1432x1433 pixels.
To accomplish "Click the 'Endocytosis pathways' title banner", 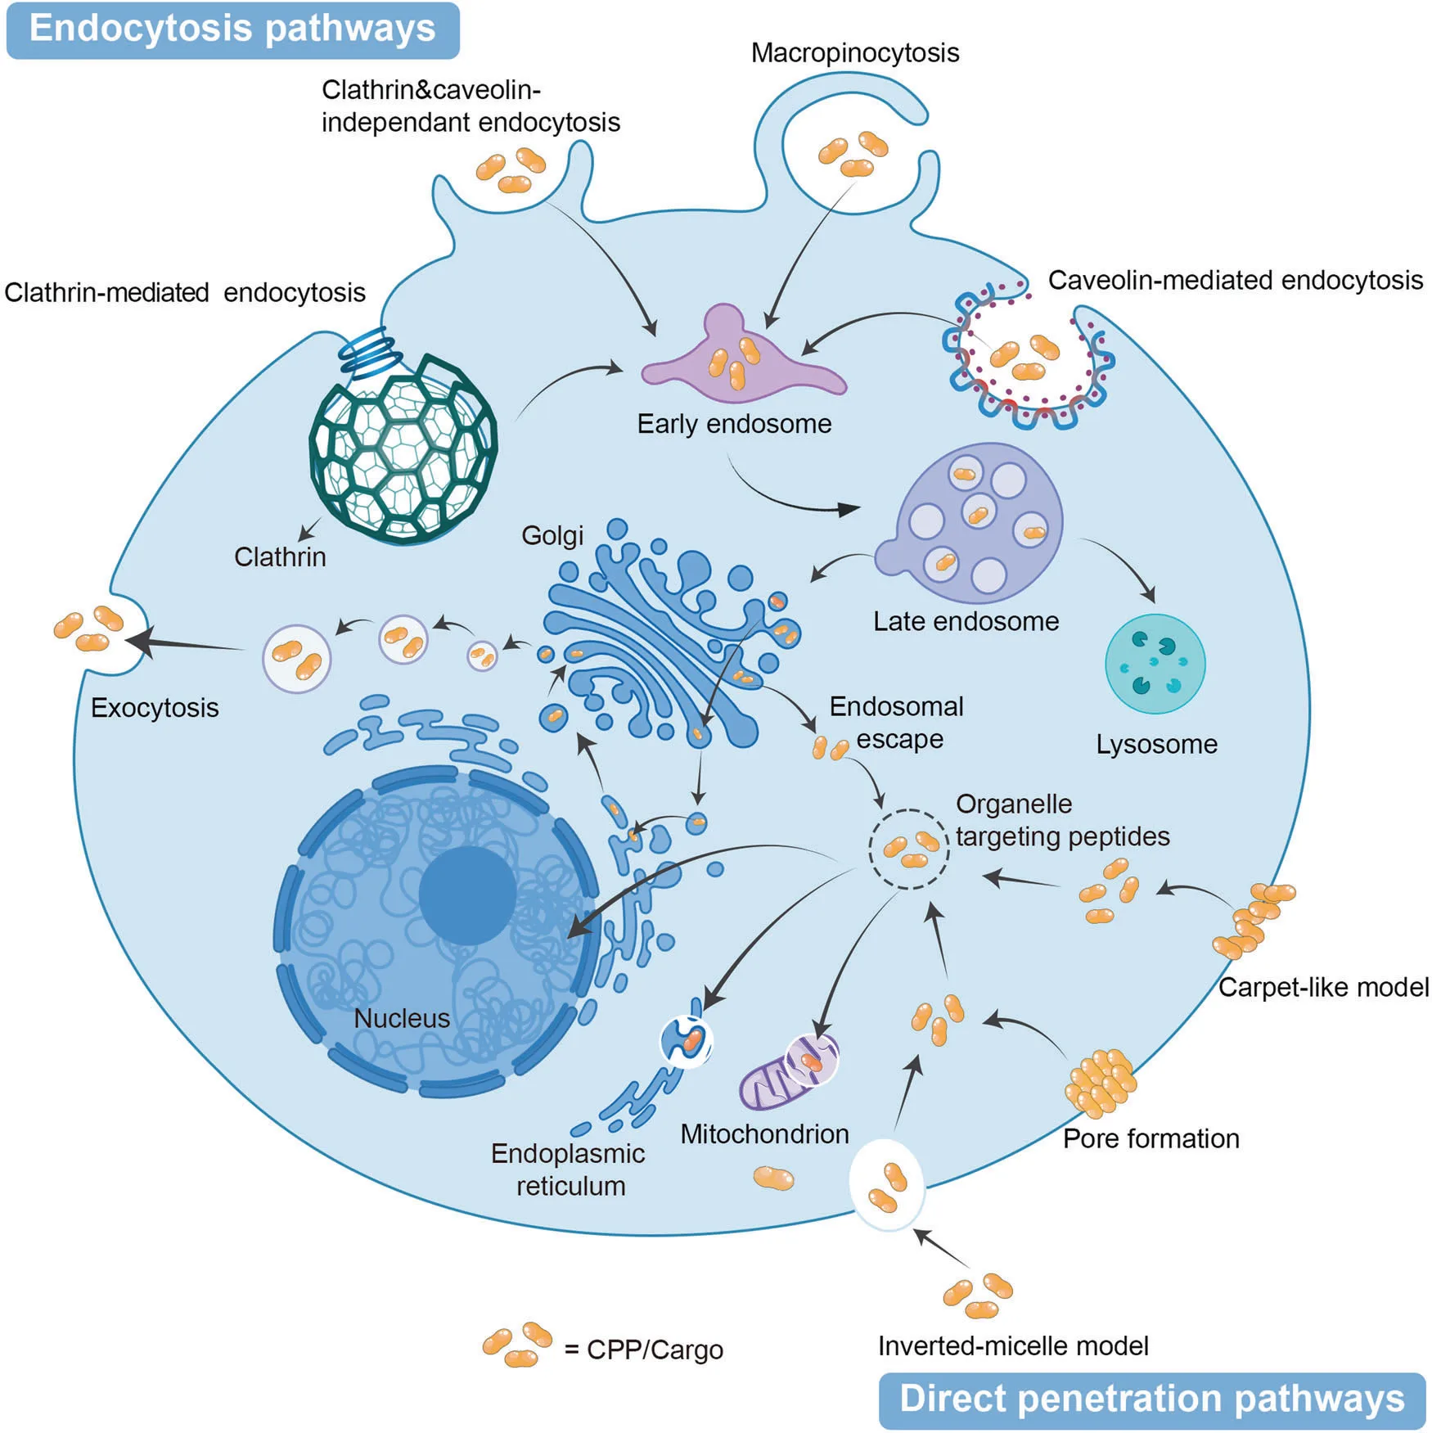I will (x=232, y=29).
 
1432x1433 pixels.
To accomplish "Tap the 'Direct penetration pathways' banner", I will (x=1151, y=1400).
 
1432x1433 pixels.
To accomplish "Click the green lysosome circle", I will (x=1155, y=664).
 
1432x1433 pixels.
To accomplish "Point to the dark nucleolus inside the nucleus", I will (x=467, y=895).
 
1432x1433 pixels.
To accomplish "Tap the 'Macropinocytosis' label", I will (x=854, y=53).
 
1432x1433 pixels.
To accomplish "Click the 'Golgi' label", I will (x=552, y=535).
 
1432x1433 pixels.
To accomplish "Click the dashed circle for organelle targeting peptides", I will (x=908, y=849).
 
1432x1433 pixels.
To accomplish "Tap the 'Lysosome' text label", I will (x=1156, y=744).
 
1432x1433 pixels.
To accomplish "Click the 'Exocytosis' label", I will (x=155, y=707).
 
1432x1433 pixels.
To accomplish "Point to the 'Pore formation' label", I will (x=1151, y=1138).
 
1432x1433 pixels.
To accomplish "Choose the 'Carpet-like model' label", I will (x=1322, y=987).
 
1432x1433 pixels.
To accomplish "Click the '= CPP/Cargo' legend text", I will (x=643, y=1350).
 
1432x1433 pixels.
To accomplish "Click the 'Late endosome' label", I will (x=966, y=621).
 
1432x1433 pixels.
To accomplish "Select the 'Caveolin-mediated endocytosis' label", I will (x=1235, y=280).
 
